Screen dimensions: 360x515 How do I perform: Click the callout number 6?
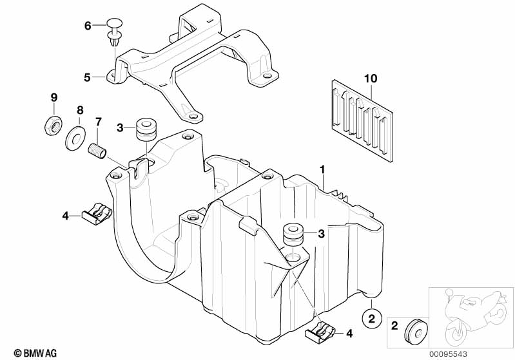[x=88, y=26]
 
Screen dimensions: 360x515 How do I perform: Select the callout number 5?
[x=88, y=77]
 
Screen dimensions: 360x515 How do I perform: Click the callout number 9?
[x=54, y=97]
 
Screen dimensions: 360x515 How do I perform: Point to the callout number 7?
[x=99, y=121]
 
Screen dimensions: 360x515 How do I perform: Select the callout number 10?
[x=369, y=79]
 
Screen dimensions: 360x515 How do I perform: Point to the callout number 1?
[x=322, y=170]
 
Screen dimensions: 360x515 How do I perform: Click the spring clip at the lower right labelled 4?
[x=320, y=332]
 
